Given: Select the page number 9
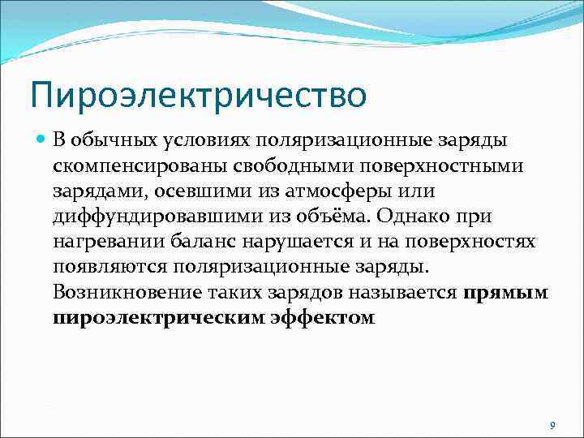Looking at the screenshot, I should pyautogui.click(x=552, y=426).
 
